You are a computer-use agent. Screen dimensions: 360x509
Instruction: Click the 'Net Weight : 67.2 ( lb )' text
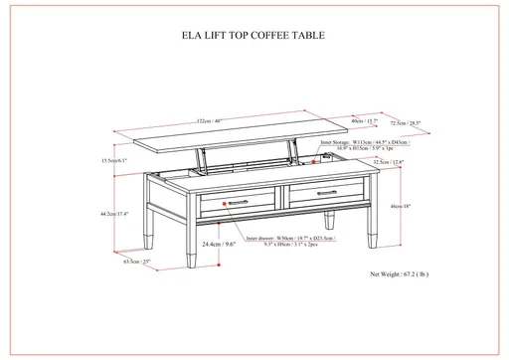(x=401, y=271)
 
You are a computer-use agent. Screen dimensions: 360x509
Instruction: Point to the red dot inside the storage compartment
(x=318, y=157)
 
